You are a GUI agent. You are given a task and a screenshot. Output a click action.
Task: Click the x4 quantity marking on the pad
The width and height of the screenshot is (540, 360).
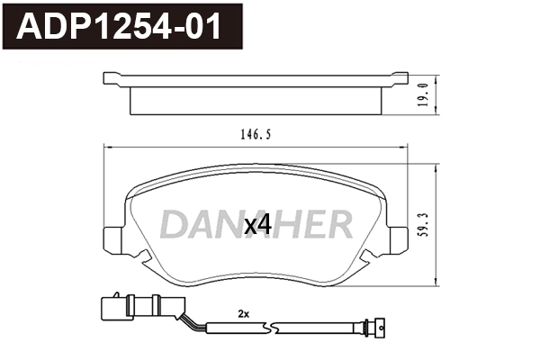(x=257, y=225)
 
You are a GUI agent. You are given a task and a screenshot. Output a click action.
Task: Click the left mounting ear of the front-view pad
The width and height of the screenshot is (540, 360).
(x=114, y=239)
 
